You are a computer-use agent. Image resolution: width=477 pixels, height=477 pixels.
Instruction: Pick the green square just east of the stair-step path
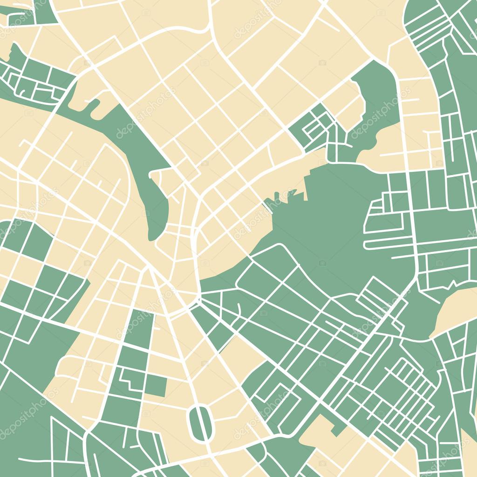(x=156, y=386)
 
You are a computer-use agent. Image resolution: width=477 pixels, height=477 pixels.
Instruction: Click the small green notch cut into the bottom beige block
(x=336, y=428)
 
